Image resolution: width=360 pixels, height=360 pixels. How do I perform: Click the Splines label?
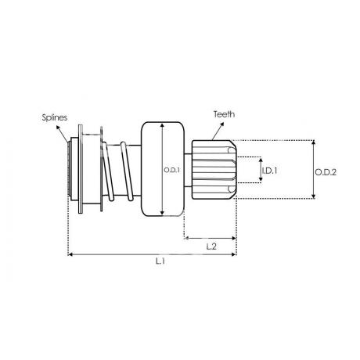55,117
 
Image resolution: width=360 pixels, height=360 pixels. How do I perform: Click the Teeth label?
224,114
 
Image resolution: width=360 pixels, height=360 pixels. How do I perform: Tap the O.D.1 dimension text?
172,171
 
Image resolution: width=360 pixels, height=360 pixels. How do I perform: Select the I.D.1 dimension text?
269,171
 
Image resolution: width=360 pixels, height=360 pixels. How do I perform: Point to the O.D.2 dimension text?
326,172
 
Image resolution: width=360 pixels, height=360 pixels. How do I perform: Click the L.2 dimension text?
211,247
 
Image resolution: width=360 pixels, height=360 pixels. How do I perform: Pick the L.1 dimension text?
160,261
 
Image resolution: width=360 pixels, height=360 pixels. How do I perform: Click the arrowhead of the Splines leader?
58,128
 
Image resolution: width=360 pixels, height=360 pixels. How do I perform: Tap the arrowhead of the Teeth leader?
222,124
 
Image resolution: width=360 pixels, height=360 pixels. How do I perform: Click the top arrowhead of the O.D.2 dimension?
314,142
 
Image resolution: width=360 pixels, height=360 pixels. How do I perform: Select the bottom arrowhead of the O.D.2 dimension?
314,196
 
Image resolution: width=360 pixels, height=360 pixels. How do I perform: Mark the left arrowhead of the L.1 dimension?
70,254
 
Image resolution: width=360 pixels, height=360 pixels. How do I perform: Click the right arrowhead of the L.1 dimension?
234,254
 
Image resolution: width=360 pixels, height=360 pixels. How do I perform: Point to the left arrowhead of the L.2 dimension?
186,238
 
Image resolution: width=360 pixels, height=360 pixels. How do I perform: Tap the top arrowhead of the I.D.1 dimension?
261,160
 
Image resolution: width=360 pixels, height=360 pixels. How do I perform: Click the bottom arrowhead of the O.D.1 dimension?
162,213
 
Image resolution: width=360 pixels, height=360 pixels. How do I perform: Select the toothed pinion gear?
214,170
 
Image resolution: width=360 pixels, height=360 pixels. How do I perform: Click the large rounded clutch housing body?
163,169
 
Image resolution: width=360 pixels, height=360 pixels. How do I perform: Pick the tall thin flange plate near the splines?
81,169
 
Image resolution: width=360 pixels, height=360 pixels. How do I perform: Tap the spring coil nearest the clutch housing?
127,171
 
